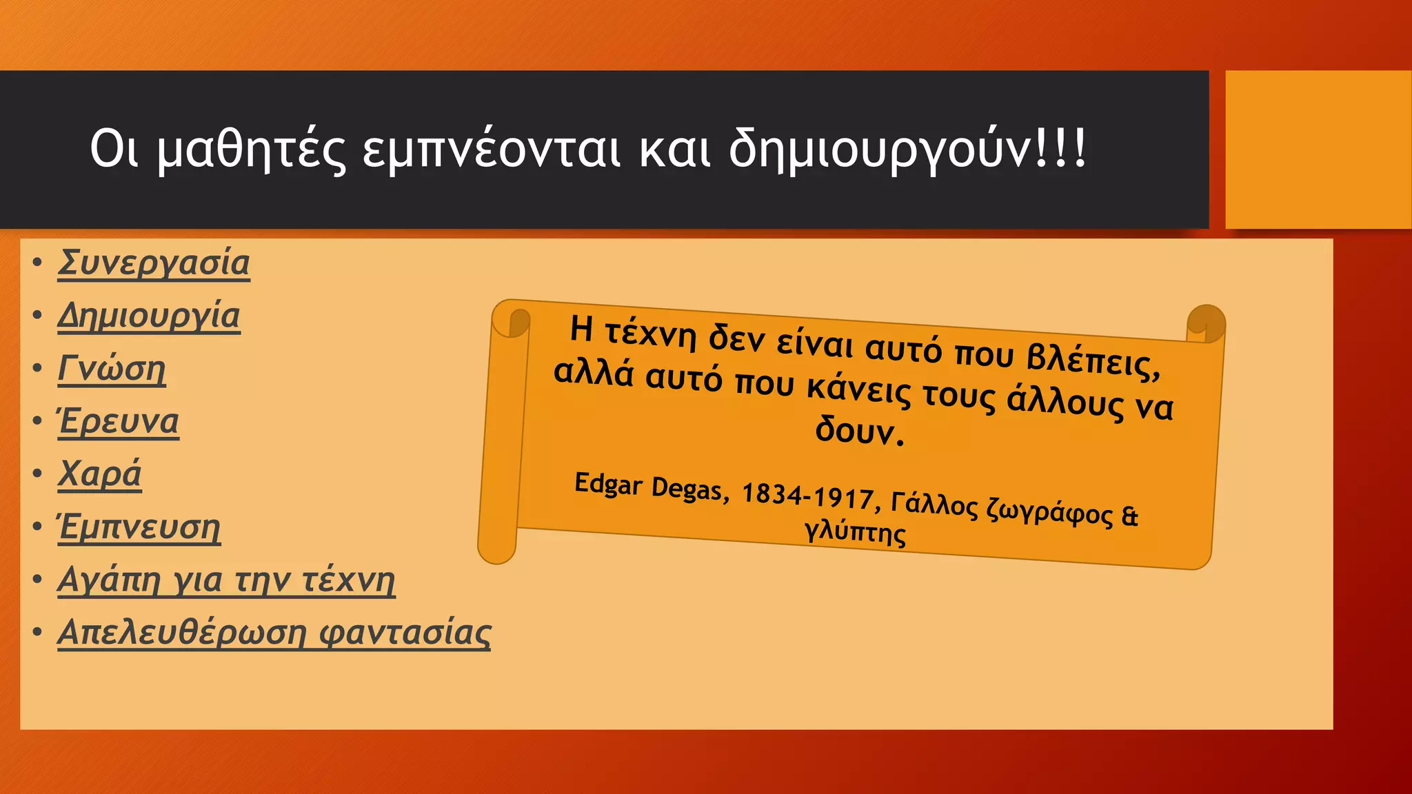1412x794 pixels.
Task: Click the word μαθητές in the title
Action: pyautogui.click(x=251, y=150)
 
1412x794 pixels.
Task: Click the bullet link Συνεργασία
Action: pyautogui.click(x=153, y=263)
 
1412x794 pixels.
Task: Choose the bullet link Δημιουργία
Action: pyautogui.click(x=149, y=316)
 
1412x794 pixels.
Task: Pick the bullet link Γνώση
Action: pyautogui.click(x=112, y=369)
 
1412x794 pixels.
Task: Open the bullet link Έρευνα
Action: pyautogui.click(x=119, y=421)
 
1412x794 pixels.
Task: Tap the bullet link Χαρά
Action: pyautogui.click(x=99, y=474)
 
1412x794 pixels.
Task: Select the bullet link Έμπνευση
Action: pyautogui.click(x=139, y=527)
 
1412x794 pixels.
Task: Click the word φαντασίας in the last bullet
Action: pyautogui.click(x=405, y=633)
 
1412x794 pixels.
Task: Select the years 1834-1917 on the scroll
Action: pyautogui.click(x=807, y=496)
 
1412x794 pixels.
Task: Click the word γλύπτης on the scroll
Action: pyautogui.click(x=855, y=531)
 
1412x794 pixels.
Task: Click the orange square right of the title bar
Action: pyautogui.click(x=1318, y=150)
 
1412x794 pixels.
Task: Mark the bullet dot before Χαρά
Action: pyautogui.click(x=37, y=474)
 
